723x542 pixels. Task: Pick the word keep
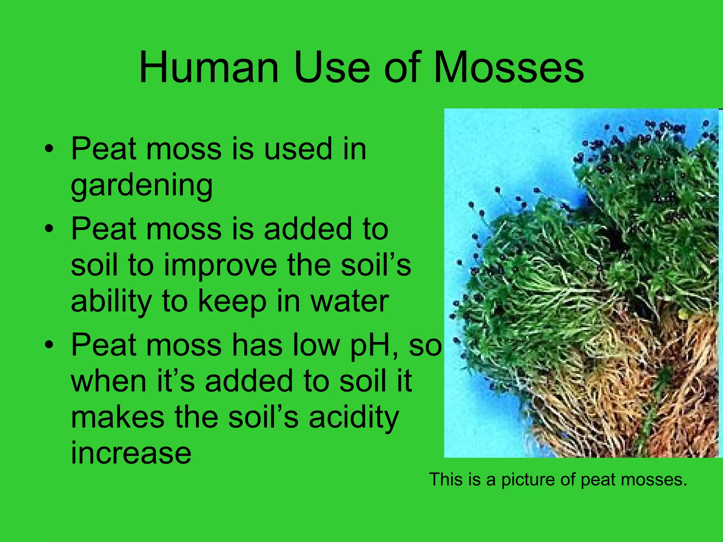coord(232,302)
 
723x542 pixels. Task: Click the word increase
coord(131,453)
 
